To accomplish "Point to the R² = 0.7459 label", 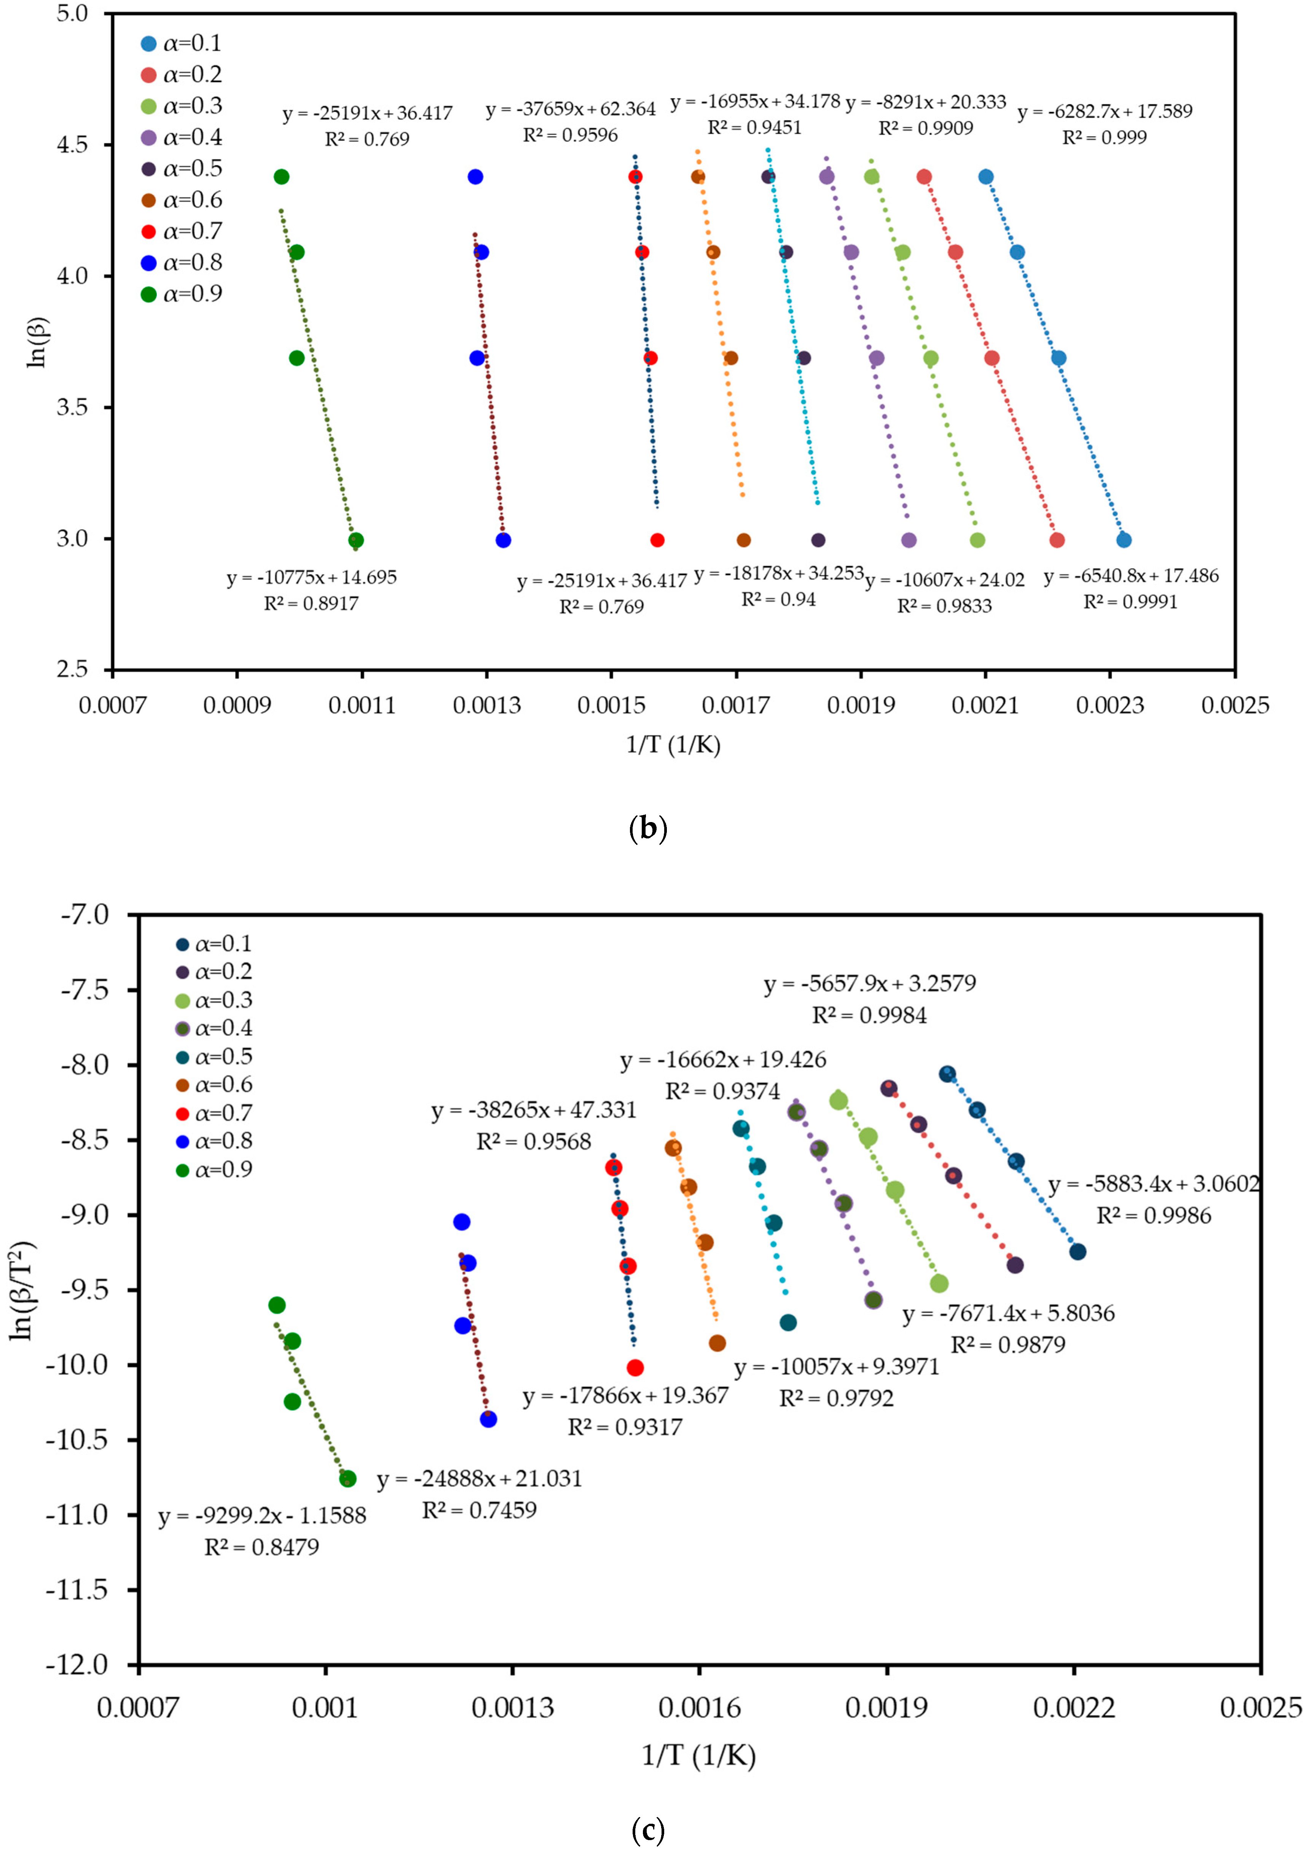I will click(x=480, y=1510).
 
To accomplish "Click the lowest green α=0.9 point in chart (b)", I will click(x=356, y=540).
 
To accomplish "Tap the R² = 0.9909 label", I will click(x=925, y=128).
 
